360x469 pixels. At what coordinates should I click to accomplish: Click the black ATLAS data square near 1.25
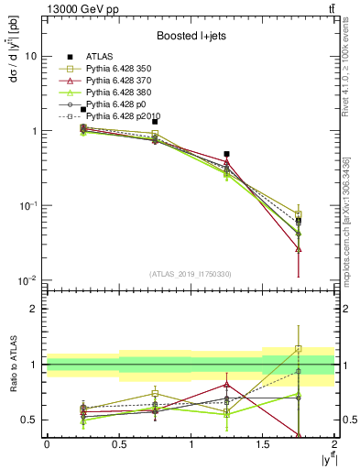click(x=226, y=154)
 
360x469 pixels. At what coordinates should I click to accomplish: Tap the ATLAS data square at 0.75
click(x=155, y=121)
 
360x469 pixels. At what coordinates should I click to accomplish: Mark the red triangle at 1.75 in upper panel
click(x=299, y=248)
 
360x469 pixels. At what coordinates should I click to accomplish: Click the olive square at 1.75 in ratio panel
click(x=299, y=349)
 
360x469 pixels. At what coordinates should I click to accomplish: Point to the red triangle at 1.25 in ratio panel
click(x=226, y=385)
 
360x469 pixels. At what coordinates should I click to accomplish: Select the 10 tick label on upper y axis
click(x=29, y=56)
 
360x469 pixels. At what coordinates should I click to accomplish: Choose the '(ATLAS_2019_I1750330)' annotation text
click(x=191, y=273)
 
